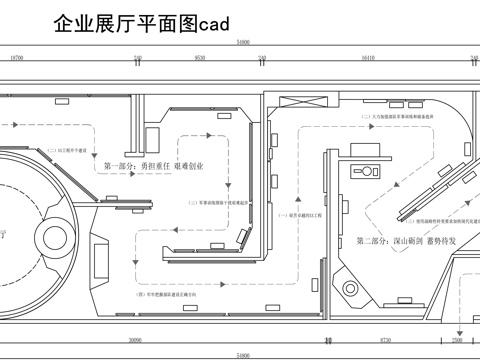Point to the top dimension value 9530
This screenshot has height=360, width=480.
click(199, 59)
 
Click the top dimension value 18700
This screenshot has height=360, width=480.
click(16, 59)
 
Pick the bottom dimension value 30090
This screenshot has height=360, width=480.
click(134, 339)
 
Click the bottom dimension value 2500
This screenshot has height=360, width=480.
click(458, 339)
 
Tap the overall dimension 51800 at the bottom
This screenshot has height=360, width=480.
click(241, 355)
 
